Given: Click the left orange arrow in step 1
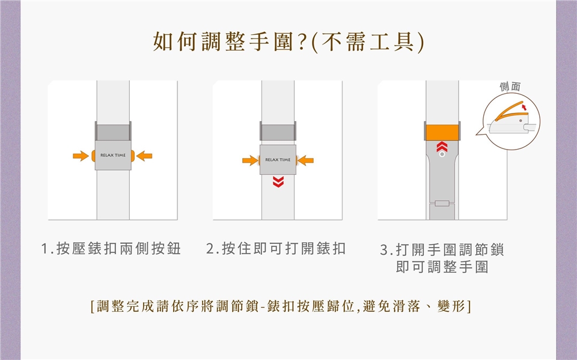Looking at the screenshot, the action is [81, 156].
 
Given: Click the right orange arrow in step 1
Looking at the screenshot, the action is [144, 156].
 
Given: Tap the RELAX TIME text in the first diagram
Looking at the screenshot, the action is [113, 155].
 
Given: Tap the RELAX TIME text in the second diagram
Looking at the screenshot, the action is [278, 160].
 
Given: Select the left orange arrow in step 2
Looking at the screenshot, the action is [250, 160].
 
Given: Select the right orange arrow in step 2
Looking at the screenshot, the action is [305, 160].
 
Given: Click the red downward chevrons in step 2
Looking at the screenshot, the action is [278, 182].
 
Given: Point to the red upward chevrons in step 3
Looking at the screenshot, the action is [442, 147].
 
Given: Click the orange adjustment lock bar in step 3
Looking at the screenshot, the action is [442, 132].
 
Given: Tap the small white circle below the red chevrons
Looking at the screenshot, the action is [442, 154].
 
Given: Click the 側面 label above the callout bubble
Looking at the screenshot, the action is [510, 87].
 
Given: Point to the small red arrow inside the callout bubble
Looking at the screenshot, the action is [524, 107].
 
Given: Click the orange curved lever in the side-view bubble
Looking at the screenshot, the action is [511, 110].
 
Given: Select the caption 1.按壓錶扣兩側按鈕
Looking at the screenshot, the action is [111, 248].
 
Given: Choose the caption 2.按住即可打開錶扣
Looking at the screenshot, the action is [276, 248].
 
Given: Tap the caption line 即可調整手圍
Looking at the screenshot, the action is [442, 267].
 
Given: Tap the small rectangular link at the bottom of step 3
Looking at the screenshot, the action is [442, 203].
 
